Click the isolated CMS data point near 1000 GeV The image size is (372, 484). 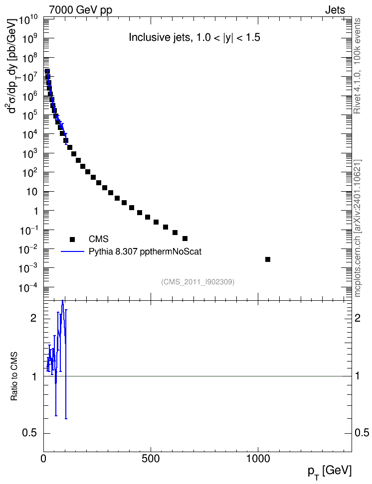tap(268, 259)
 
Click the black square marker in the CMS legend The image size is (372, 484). tap(72, 239)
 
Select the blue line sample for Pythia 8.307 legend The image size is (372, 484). tap(73, 252)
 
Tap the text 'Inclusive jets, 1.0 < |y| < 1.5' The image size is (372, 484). tap(194, 37)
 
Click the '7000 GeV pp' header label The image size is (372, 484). tap(80, 10)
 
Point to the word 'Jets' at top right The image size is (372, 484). tap(335, 10)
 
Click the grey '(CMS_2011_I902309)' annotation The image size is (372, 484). tap(197, 282)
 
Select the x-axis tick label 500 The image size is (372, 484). tap(151, 459)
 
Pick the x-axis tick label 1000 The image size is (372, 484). tap(258, 459)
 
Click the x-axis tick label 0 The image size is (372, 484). tap(43, 459)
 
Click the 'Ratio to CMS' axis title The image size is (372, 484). tap(14, 376)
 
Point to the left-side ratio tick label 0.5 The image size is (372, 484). tap(29, 433)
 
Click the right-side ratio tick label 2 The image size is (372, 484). tap(358, 318)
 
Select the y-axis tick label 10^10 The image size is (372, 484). tap(28, 20)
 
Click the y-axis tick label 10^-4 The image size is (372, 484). tap(28, 288)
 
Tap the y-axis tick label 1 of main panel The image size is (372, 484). tap(35, 211)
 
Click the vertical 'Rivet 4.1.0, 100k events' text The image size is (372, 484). tap(357, 66)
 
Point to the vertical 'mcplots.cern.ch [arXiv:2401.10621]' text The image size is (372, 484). tap(357, 228)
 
